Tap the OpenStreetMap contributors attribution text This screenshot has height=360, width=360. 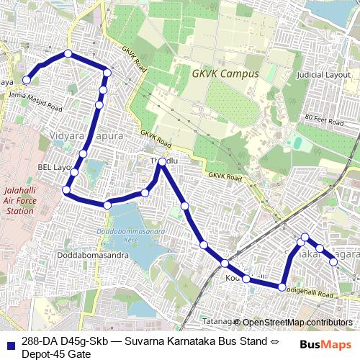tap(297, 323)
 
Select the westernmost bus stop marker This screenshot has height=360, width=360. tap(27, 80)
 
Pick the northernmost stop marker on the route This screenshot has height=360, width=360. tap(68, 53)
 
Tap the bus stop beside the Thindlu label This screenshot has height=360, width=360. tap(163, 161)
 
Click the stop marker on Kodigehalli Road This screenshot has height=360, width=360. tap(282, 287)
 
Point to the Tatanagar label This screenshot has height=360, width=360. tap(218, 322)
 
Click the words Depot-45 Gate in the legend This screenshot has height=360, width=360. tap(55, 354)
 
